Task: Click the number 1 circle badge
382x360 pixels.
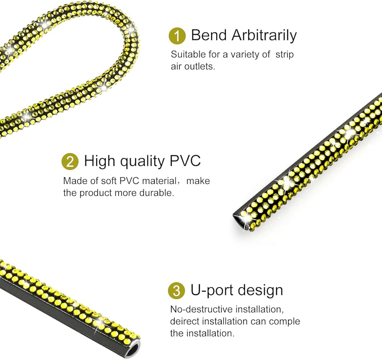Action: coord(177,36)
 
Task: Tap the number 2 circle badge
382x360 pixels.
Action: coord(70,162)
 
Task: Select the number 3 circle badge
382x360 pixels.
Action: coord(176,291)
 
